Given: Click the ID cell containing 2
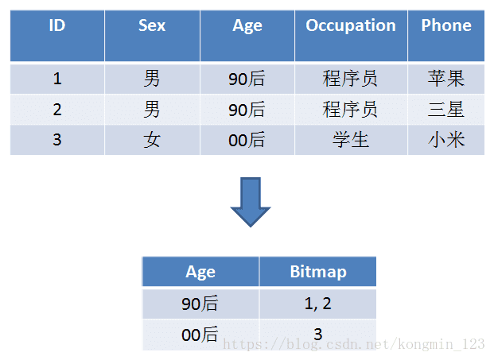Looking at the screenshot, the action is [57, 110].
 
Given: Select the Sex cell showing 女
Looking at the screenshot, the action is [152, 140].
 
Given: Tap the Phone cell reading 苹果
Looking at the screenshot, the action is [446, 79].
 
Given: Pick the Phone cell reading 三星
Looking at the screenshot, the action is [446, 110].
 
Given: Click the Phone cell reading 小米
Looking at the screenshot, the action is [446, 140].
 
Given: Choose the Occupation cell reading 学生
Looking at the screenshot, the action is [351, 140].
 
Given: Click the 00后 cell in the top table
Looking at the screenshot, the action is [247, 140].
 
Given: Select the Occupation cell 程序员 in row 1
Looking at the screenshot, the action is [350, 79].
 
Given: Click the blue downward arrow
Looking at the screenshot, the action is [251, 202].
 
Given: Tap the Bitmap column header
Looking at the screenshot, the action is [318, 272].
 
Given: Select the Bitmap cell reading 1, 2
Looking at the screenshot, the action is [318, 304].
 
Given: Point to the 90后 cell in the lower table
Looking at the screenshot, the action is [200, 304].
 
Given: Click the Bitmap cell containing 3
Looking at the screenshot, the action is [318, 335].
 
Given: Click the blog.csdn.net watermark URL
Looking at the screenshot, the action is [353, 344].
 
